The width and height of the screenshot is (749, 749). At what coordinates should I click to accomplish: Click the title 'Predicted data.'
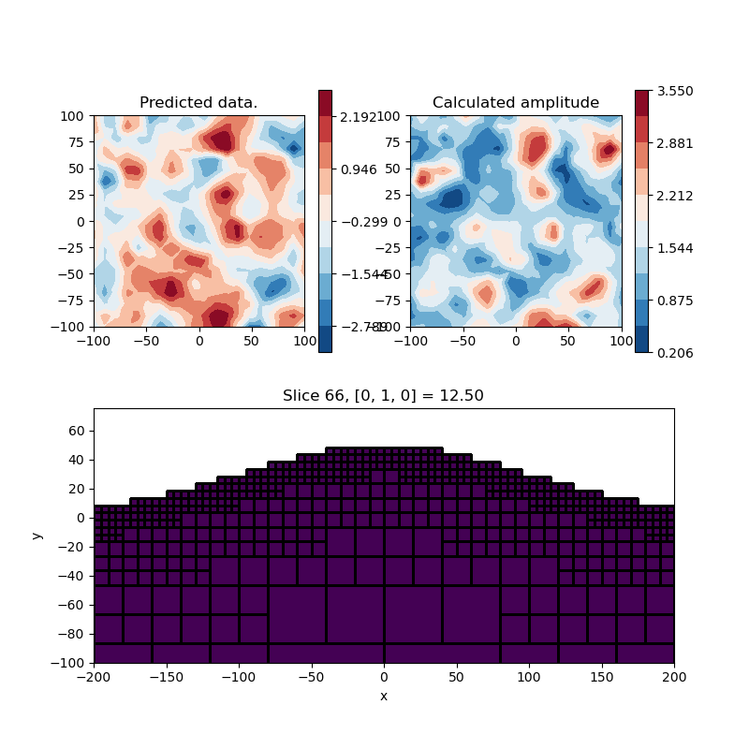(x=198, y=103)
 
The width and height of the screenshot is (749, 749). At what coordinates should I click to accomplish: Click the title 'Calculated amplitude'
(x=516, y=103)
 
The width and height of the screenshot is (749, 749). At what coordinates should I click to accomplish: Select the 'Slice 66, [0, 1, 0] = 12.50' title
(x=383, y=396)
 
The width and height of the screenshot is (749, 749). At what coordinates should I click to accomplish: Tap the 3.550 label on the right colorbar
(x=674, y=91)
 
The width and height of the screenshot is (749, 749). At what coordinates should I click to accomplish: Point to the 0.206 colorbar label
(x=674, y=353)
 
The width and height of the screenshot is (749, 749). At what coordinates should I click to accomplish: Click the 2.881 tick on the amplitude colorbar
(x=674, y=143)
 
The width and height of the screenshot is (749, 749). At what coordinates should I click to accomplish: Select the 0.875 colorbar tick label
(x=674, y=301)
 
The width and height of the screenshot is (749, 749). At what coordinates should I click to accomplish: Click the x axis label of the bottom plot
(x=383, y=697)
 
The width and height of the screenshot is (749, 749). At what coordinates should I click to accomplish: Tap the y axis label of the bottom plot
(x=37, y=536)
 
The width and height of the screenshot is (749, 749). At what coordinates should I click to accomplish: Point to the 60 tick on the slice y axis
(x=78, y=431)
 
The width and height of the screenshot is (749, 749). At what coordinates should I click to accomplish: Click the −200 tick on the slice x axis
(x=94, y=676)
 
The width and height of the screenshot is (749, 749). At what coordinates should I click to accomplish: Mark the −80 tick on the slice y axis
(x=74, y=634)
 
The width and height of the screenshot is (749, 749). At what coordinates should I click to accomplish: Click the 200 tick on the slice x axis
(x=674, y=676)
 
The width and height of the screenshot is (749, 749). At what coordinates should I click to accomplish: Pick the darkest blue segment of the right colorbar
(x=641, y=339)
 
